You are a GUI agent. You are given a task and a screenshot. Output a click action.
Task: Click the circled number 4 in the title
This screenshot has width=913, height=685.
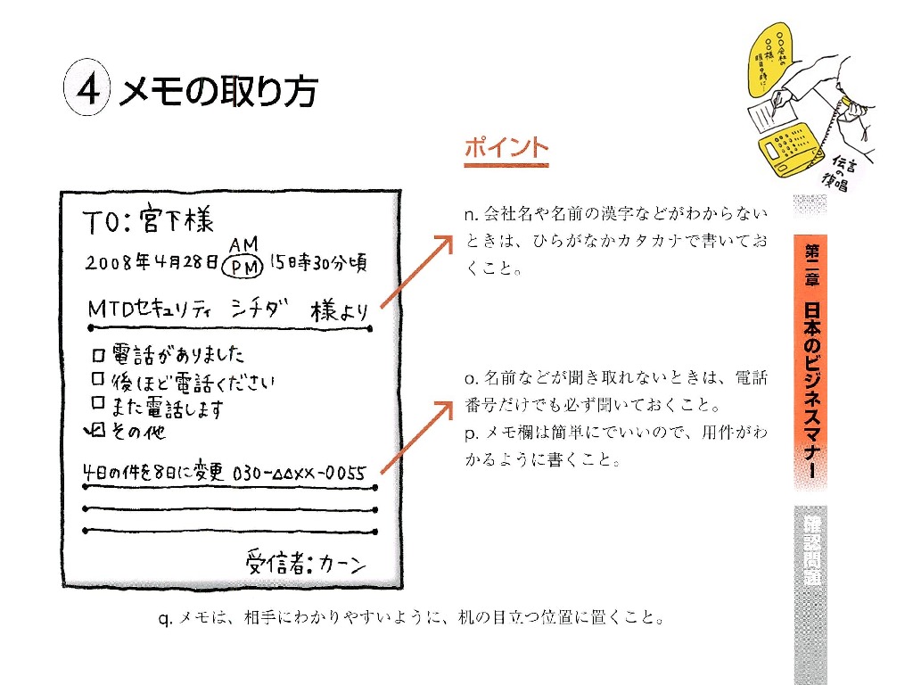click(86, 90)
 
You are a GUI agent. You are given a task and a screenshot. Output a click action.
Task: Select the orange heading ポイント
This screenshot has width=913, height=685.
click(506, 149)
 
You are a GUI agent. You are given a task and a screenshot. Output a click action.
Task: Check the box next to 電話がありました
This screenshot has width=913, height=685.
click(99, 355)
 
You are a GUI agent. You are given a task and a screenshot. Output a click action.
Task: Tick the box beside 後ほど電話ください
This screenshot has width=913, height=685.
click(99, 382)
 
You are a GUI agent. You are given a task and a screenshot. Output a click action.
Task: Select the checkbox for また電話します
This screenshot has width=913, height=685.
click(99, 406)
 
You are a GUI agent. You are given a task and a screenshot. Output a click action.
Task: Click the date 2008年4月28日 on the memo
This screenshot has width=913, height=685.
click(152, 264)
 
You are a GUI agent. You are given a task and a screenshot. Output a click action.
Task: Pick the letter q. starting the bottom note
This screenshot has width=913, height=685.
click(164, 617)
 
